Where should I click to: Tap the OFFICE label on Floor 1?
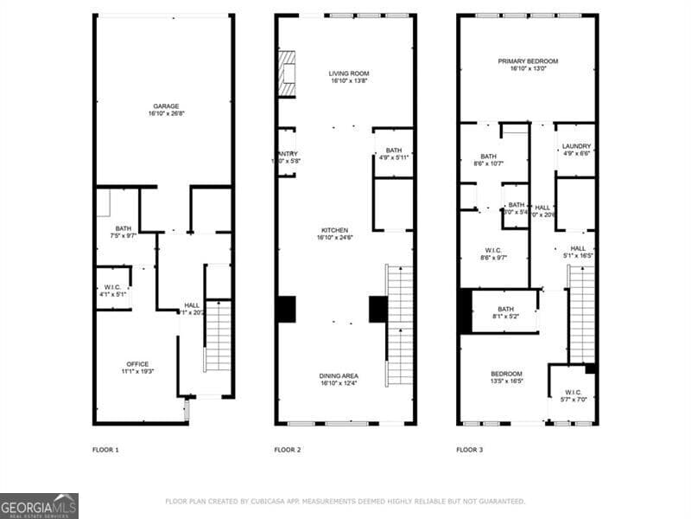coord(137,363)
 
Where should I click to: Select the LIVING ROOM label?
coord(349,74)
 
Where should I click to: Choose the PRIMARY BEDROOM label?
coord(528,61)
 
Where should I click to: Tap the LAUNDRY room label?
coord(576,146)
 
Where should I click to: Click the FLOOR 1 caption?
coord(105,450)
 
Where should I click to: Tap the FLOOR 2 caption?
coord(288,450)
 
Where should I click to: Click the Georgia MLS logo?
coord(39,505)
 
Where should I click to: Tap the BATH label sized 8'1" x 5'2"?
coord(505,309)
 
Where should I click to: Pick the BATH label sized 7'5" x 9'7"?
coord(124,229)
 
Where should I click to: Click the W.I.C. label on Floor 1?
coord(113,287)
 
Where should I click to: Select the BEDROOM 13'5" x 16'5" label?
coord(507,373)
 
